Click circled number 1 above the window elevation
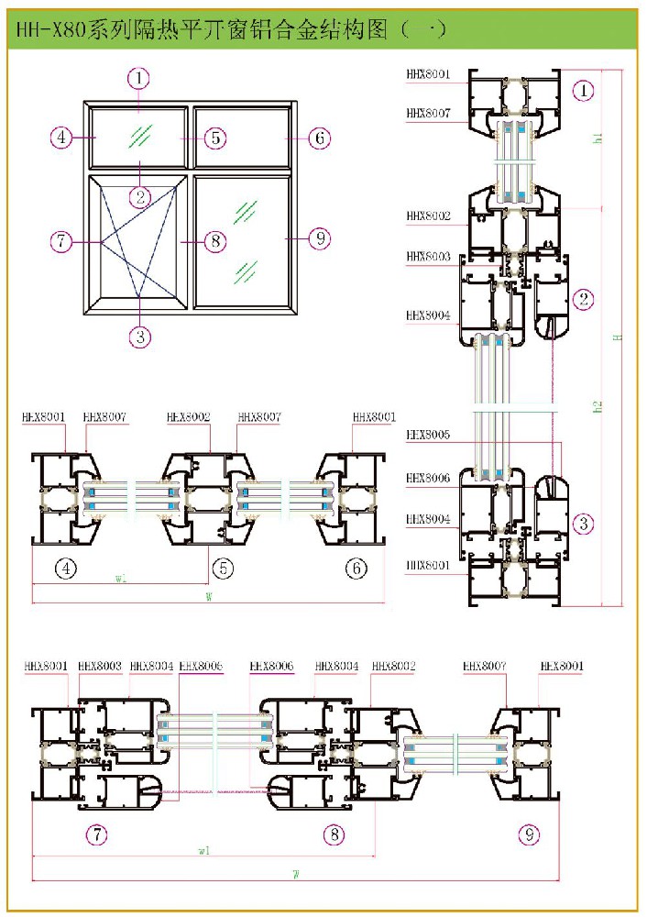tap(138, 79)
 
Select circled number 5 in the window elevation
tap(214, 138)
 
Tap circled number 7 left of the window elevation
tap(61, 242)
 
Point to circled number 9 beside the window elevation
tap(318, 239)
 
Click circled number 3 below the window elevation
tap(139, 337)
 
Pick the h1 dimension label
tap(598, 138)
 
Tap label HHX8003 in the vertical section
tap(428, 258)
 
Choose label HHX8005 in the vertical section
tap(428, 436)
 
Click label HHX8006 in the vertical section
tap(428, 479)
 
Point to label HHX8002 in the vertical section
tap(428, 217)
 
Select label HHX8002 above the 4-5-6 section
tap(189, 417)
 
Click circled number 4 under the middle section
tap(65, 569)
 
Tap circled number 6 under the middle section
tap(356, 569)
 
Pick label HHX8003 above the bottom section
tap(100, 666)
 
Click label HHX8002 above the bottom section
tap(394, 666)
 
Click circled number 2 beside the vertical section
tap(584, 298)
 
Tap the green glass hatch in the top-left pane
tap(140, 137)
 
